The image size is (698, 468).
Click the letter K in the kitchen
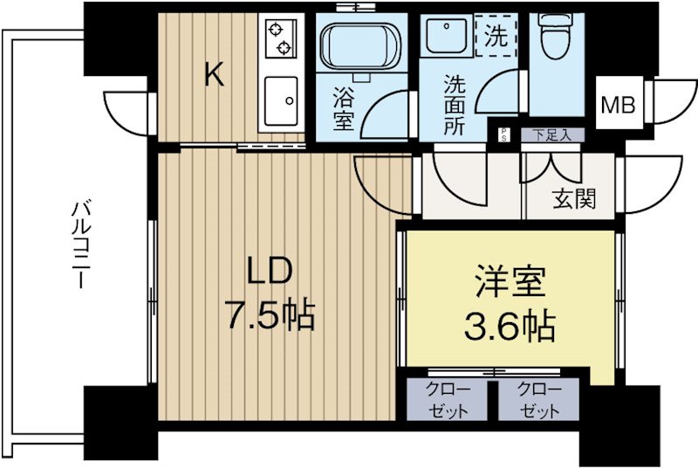pos(214,76)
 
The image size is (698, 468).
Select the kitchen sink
pos(281,100)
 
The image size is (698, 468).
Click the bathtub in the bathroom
pos(358,48)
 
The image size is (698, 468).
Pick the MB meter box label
pos(618,105)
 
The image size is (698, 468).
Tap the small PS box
pos(504,134)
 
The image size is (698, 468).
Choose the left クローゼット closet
pos(448,400)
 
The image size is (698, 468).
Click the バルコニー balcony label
pos(80,244)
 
